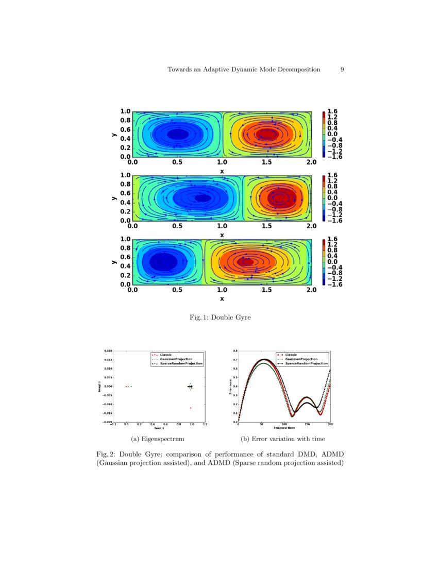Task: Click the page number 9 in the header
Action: (x=342, y=69)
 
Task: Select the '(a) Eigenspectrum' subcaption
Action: (x=158, y=439)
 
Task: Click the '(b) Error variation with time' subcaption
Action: (x=283, y=439)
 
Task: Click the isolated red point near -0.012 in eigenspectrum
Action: (x=191, y=408)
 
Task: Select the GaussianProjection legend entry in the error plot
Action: (x=301, y=359)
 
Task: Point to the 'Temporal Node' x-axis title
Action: (x=284, y=428)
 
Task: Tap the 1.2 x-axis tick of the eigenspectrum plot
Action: (x=205, y=425)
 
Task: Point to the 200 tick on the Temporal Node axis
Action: (x=330, y=425)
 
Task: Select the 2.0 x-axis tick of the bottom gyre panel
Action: (x=311, y=290)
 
